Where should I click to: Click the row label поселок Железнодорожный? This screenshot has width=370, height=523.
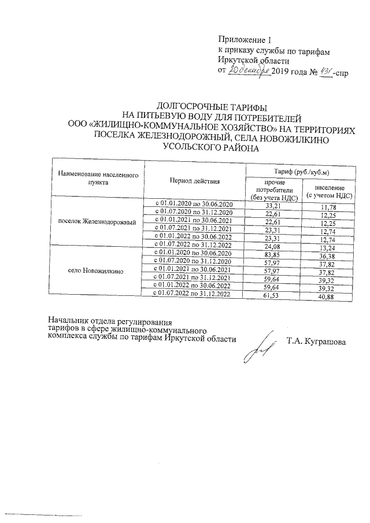click(x=102, y=222)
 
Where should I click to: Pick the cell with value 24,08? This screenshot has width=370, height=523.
click(x=272, y=247)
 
